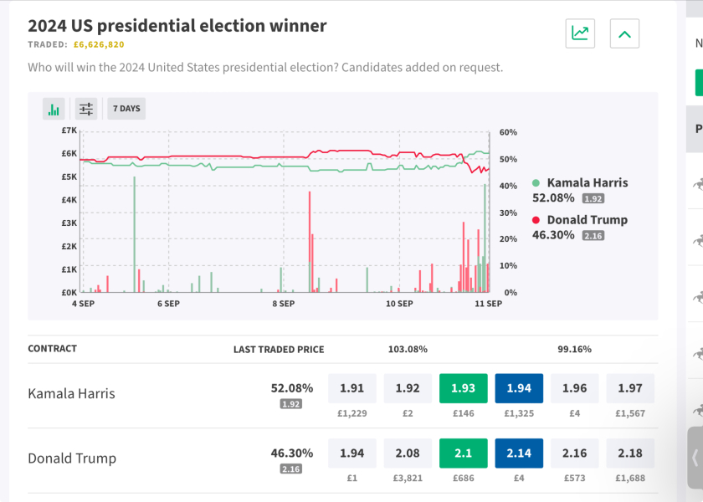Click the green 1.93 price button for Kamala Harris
(463, 388)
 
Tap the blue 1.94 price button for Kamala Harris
(519, 388)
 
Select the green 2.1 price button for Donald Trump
(463, 453)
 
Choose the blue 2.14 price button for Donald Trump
(519, 453)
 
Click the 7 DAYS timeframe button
(126, 109)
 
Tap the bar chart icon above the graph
(54, 109)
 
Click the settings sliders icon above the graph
(86, 109)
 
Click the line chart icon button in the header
(580, 33)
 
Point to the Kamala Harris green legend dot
(536, 183)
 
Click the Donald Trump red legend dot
(536, 220)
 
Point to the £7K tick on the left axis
(69, 131)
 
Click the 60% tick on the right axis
(508, 132)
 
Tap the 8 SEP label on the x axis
(285, 304)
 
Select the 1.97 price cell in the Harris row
(630, 388)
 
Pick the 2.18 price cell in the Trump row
(630, 453)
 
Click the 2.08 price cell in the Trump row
(408, 453)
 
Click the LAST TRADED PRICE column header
(279, 349)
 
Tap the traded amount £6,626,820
(99, 45)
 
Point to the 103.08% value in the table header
(408, 349)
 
